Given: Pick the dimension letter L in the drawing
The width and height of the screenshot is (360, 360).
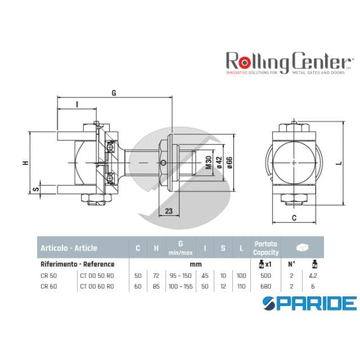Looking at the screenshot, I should coord(339,161).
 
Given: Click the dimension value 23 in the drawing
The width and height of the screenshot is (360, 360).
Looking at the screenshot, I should coord(169,211).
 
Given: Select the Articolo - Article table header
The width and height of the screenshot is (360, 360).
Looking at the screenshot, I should coord(68,248).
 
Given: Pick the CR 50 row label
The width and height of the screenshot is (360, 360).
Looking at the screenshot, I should coord(49,275).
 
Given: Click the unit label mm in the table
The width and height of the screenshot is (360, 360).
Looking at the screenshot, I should coord(193,263).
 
